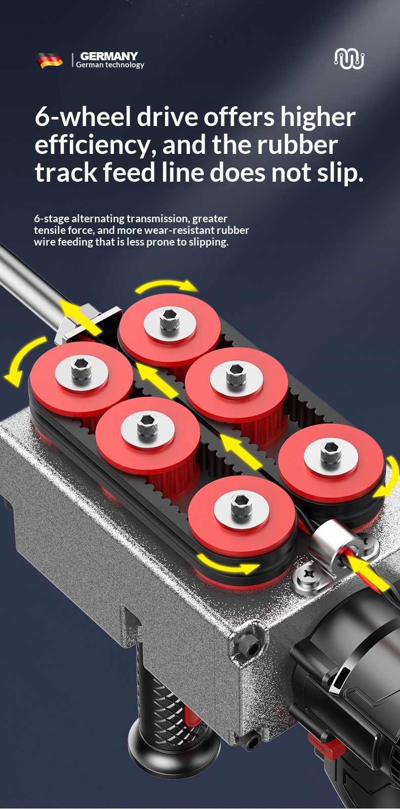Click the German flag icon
(x=50, y=60)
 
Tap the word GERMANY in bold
(x=109, y=56)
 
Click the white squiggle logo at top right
(x=349, y=59)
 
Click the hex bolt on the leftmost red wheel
(x=81, y=368)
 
